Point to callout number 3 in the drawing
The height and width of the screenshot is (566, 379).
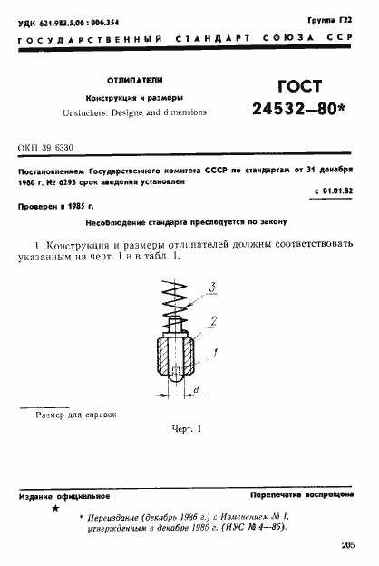[x=212, y=288]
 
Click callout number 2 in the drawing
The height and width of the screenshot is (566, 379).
[x=213, y=320]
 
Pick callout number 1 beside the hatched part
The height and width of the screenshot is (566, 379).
[x=215, y=350]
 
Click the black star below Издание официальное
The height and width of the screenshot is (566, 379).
[x=55, y=510]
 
